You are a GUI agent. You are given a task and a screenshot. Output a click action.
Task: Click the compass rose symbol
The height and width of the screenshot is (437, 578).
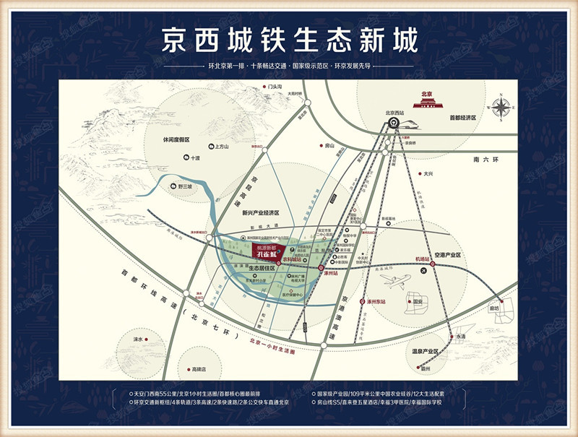click(x=499, y=107)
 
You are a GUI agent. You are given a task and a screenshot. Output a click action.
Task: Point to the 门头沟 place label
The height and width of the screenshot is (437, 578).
click(x=277, y=87)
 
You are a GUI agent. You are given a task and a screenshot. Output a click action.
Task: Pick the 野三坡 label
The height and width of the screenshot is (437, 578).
click(x=186, y=186)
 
